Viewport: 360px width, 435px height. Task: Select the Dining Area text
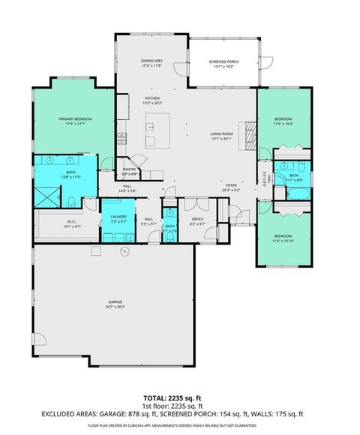point(152,61)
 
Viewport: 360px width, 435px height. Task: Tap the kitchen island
point(157,129)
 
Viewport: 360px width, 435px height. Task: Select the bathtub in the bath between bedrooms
point(289,192)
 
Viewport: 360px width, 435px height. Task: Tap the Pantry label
point(129,169)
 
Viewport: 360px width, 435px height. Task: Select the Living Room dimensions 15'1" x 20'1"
point(221,138)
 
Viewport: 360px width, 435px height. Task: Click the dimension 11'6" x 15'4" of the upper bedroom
point(283,123)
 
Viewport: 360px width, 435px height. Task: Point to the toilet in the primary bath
point(70,200)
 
